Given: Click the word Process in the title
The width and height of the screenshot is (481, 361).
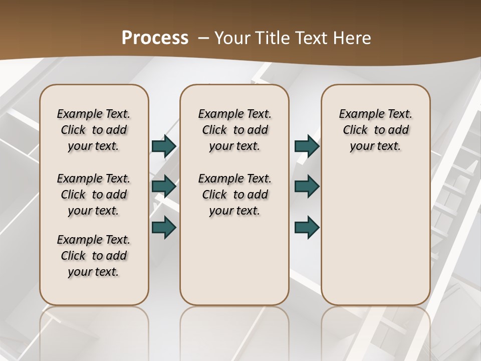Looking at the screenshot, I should tap(155, 38).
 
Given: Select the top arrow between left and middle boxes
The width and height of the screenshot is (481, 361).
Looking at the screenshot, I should tap(164, 146).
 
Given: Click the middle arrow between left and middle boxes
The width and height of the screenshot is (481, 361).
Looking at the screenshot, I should tap(164, 187).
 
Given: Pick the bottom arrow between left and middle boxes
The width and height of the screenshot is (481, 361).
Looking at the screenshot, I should tap(164, 227).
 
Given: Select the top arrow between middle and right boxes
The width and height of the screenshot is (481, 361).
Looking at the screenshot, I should tap(307, 146).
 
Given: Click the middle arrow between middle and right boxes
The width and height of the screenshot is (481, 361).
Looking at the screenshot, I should tap(307, 187).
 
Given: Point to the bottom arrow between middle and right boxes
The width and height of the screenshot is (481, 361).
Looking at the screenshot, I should tap(307, 227).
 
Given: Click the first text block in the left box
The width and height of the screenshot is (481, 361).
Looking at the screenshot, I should tap(94, 130).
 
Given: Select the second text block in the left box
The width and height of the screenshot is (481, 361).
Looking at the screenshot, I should tap(94, 195).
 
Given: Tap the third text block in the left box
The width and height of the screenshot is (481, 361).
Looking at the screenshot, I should tap(94, 256).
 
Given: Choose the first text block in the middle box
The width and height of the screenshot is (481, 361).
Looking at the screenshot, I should tap(234, 130).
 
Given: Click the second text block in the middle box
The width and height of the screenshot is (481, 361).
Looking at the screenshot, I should tap(234, 195).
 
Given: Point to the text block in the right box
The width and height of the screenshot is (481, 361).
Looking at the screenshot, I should tap(375, 130).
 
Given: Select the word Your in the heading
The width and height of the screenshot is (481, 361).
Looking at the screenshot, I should tap(231, 38).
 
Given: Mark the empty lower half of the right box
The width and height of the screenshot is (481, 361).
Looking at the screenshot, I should tap(375, 241).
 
